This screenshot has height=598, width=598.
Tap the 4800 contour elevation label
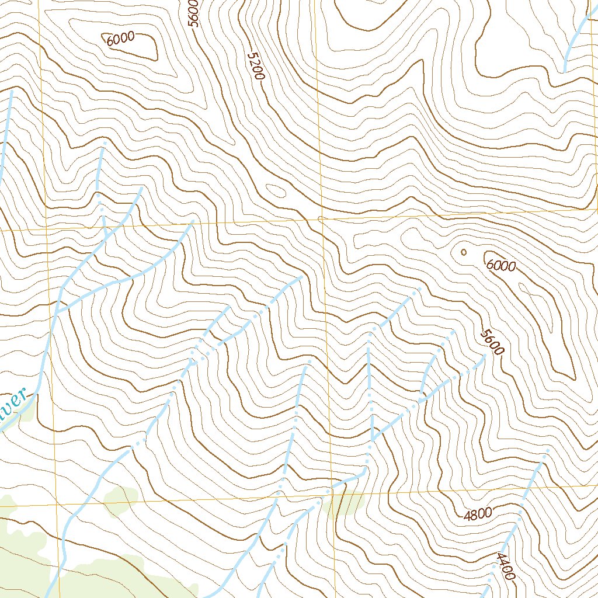[478, 514]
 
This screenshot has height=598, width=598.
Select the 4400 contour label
[505, 566]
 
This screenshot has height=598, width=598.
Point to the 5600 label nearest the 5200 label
[194, 13]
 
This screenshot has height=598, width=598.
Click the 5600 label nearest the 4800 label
[491, 343]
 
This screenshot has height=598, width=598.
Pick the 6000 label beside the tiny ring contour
[501, 266]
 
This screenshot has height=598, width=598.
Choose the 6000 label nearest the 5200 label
[121, 39]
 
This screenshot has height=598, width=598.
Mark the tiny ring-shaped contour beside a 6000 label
[464, 252]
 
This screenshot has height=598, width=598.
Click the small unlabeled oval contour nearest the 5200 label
[275, 190]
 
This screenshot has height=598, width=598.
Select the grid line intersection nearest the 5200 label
[320, 218]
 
